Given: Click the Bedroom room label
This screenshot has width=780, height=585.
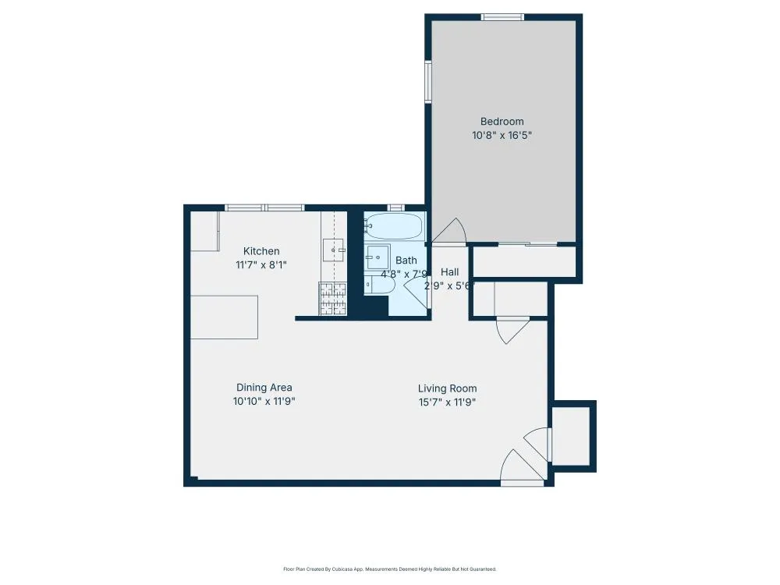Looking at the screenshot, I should click(502, 122).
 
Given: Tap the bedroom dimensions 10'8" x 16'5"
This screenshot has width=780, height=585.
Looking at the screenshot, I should click(502, 135).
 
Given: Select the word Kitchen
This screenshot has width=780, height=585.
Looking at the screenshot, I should click(261, 251).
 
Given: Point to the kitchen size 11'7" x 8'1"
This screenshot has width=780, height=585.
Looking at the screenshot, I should click(261, 264).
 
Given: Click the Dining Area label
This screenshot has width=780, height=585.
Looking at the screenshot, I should click(264, 388).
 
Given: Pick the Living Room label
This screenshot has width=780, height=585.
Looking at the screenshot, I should click(447, 388).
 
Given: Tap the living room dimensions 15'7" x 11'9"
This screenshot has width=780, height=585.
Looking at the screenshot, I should click(447, 402).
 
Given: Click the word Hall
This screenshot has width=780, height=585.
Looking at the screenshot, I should click(449, 272).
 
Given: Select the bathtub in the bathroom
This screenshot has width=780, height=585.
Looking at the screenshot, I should click(394, 227).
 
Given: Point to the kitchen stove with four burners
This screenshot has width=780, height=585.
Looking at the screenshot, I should click(332, 298).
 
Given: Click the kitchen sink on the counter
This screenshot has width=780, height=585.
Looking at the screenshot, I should click(333, 250).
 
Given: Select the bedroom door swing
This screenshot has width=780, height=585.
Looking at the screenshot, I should click(450, 229).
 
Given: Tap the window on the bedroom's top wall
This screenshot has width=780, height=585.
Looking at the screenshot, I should click(502, 17).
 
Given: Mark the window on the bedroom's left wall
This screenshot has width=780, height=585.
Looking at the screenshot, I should click(428, 81).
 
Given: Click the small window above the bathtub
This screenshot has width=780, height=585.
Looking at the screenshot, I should click(395, 207).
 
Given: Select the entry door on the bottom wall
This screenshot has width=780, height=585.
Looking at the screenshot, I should click(520, 468).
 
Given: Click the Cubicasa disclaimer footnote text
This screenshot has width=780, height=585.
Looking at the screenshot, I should click(389, 569).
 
